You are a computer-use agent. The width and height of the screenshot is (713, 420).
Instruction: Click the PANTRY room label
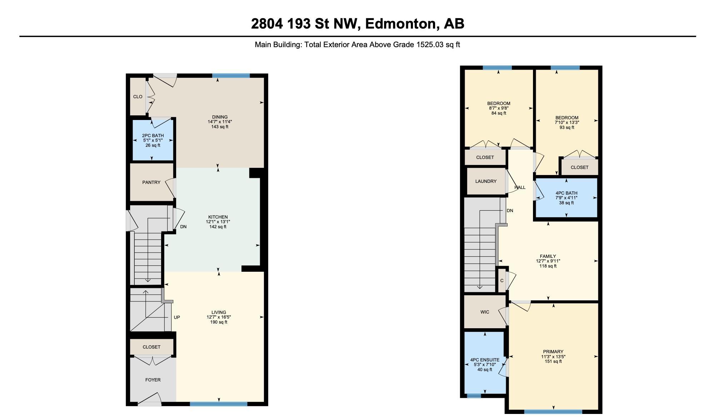click(x=151, y=182)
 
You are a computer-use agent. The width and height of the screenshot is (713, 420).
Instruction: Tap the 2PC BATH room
click(x=153, y=140)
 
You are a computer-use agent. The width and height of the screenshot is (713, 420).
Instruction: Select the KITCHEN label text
click(x=218, y=217)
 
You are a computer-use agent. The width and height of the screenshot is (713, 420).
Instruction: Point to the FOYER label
click(x=153, y=380)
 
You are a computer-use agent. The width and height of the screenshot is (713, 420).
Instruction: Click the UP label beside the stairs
click(x=177, y=317)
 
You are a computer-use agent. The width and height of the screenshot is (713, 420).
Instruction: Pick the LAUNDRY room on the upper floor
click(x=486, y=181)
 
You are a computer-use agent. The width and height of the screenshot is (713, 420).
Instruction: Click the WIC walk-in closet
click(x=485, y=312)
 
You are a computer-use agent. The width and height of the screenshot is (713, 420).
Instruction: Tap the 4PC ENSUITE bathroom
click(x=485, y=362)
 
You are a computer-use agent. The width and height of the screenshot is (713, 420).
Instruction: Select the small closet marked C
click(x=502, y=280)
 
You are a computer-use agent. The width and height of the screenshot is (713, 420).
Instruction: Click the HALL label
click(x=520, y=187)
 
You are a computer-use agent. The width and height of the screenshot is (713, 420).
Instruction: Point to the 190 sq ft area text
click(x=219, y=322)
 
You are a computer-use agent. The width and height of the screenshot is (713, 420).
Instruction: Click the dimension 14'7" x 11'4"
click(x=220, y=122)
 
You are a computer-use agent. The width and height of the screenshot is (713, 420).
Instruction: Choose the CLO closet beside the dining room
click(x=138, y=96)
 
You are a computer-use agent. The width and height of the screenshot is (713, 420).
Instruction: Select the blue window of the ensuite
click(x=474, y=396)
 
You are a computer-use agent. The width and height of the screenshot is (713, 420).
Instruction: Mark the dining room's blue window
click(x=231, y=75)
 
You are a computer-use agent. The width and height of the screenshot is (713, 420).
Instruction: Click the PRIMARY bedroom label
click(x=553, y=351)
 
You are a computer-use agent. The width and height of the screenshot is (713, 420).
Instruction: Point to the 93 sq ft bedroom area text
click(x=567, y=127)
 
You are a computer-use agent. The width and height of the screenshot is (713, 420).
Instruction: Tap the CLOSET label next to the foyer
click(x=151, y=347)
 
